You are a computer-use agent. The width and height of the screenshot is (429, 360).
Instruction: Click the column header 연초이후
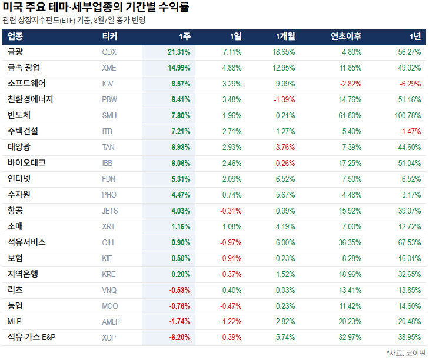click(x=346, y=36)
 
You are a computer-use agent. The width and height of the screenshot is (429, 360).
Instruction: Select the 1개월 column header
click(x=285, y=36)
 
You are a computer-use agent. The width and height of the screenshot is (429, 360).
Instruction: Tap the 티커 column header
click(x=109, y=36)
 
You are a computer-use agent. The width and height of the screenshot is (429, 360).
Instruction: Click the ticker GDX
click(x=109, y=52)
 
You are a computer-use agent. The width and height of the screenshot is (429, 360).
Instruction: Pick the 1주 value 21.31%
click(x=179, y=52)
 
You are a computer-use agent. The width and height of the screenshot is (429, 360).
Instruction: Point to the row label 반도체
click(x=19, y=115)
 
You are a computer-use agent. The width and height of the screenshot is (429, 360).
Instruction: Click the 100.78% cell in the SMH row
click(x=408, y=115)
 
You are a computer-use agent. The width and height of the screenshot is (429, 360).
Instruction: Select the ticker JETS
click(x=110, y=211)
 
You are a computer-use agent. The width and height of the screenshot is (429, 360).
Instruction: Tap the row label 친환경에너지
click(x=31, y=99)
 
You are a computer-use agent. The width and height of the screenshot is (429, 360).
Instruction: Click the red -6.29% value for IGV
click(x=410, y=84)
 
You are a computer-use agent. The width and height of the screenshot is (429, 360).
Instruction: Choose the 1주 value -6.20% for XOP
click(x=179, y=337)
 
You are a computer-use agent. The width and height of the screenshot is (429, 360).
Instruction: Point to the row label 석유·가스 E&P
click(x=31, y=336)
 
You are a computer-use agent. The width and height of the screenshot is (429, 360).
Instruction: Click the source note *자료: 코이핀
click(x=406, y=353)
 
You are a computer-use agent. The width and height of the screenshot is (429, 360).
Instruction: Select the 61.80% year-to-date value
click(x=350, y=115)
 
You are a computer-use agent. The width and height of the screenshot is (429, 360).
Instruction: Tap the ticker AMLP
click(x=111, y=322)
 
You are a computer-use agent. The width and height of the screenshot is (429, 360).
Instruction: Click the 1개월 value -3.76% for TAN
click(x=284, y=147)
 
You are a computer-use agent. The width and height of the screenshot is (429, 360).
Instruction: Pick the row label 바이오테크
click(x=26, y=163)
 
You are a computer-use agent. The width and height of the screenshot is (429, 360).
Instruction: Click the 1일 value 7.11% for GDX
click(x=232, y=52)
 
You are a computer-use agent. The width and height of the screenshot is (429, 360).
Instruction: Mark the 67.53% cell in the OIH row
click(x=410, y=242)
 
